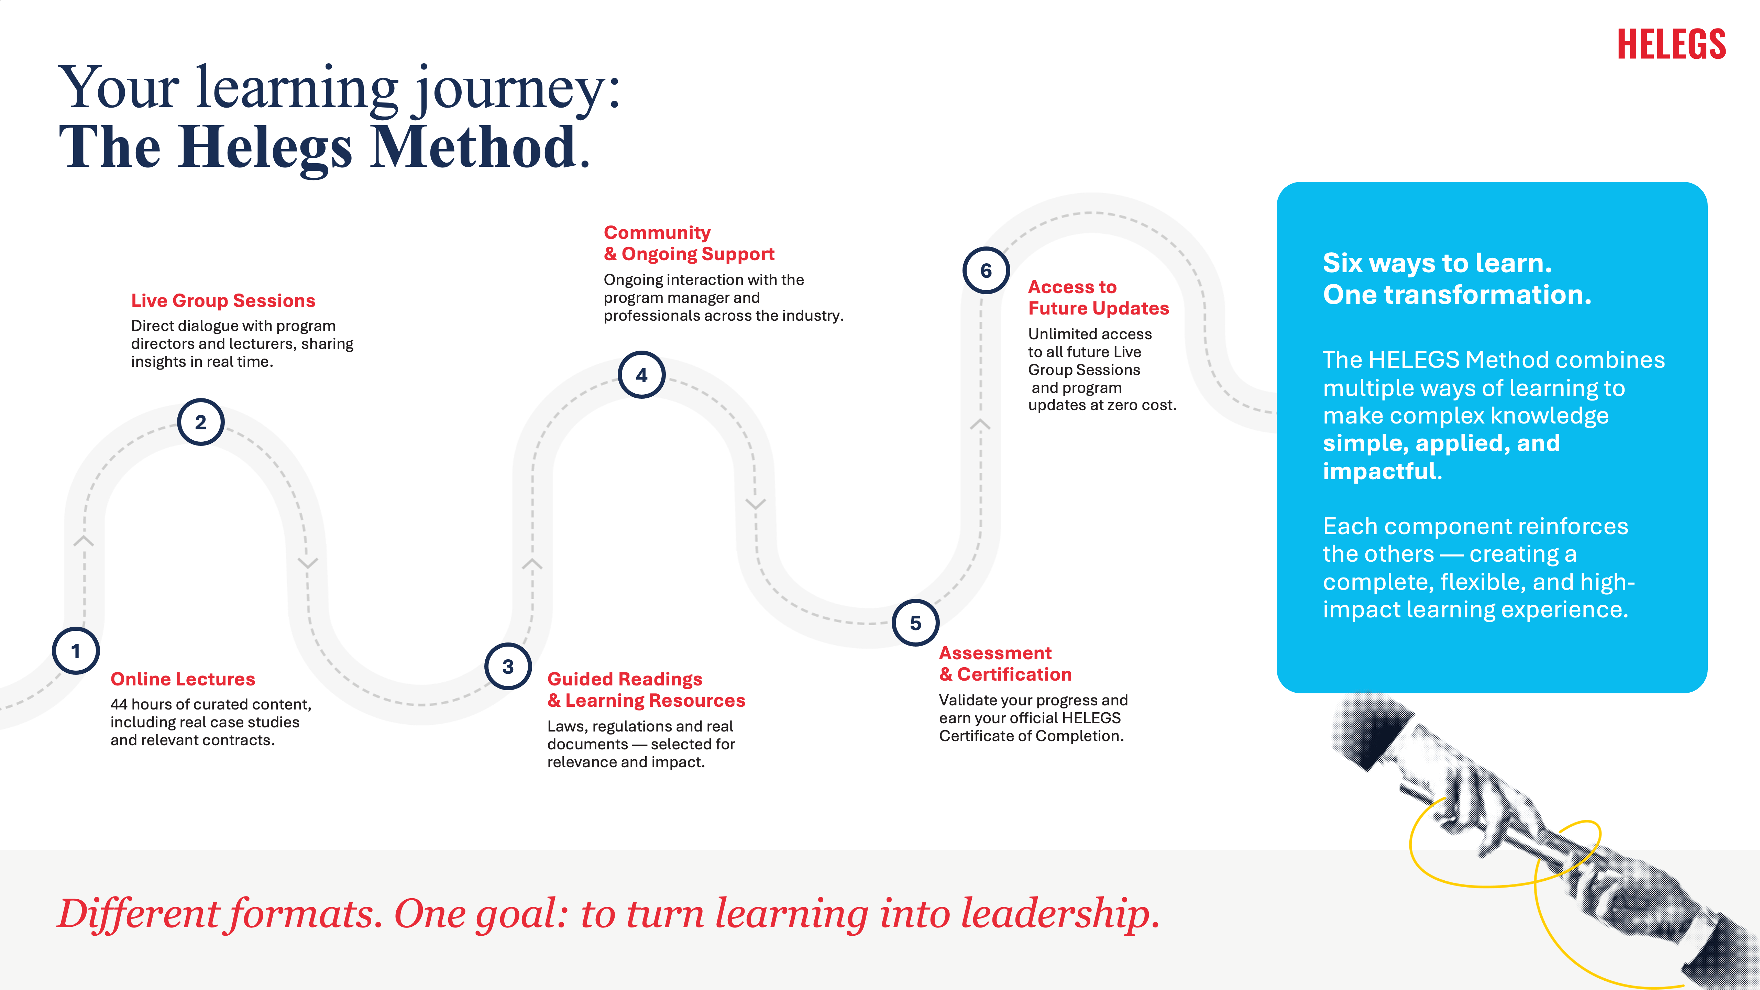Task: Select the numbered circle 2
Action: click(201, 422)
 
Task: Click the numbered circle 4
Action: click(641, 375)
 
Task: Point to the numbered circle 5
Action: click(915, 623)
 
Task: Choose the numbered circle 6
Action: click(986, 271)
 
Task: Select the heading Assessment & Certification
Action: click(1005, 663)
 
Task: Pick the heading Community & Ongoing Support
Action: click(689, 243)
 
